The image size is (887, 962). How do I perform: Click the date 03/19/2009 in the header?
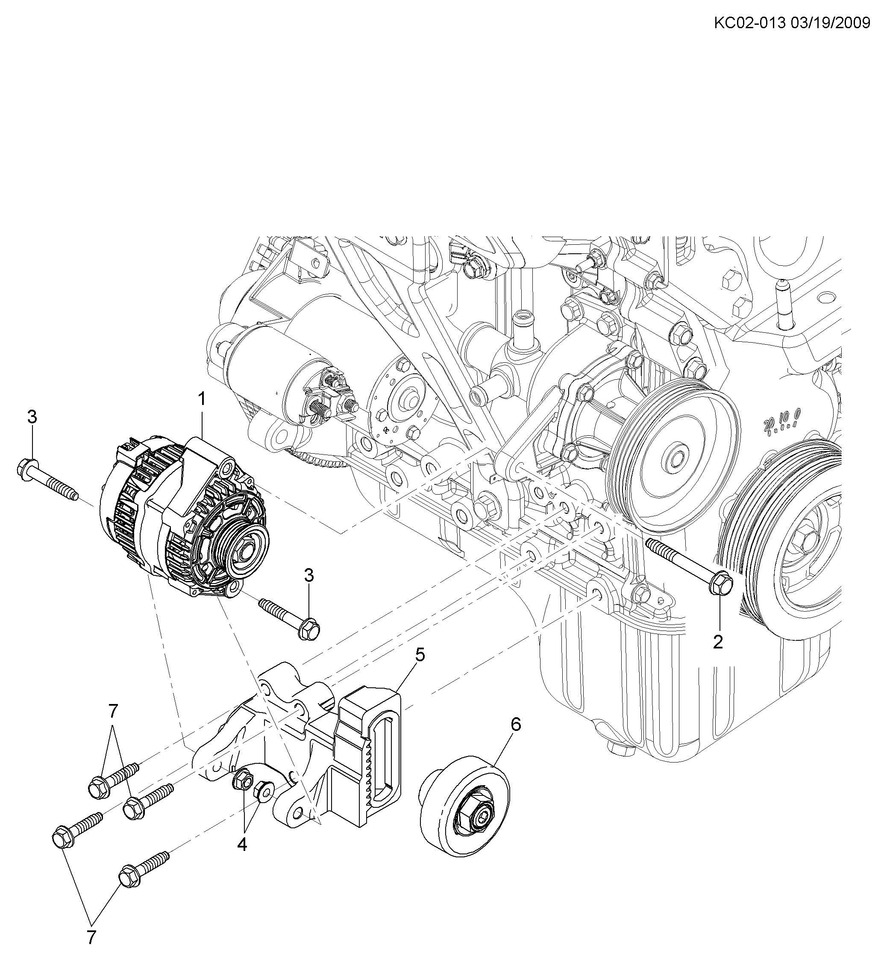coord(829,22)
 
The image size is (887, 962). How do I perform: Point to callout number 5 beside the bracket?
coord(420,654)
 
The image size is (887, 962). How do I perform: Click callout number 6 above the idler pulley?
coord(516,724)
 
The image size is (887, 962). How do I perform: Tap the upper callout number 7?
coord(112,711)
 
